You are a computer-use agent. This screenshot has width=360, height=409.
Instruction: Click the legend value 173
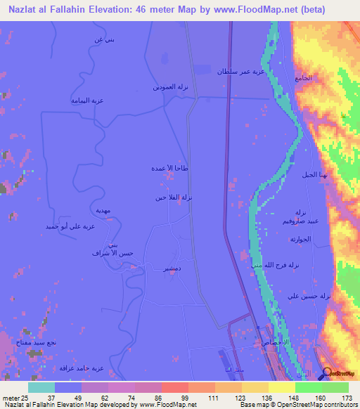click(345, 397)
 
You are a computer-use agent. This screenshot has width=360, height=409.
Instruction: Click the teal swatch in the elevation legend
click(41, 387)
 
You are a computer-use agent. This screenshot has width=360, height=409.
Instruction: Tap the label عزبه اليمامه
click(87, 100)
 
